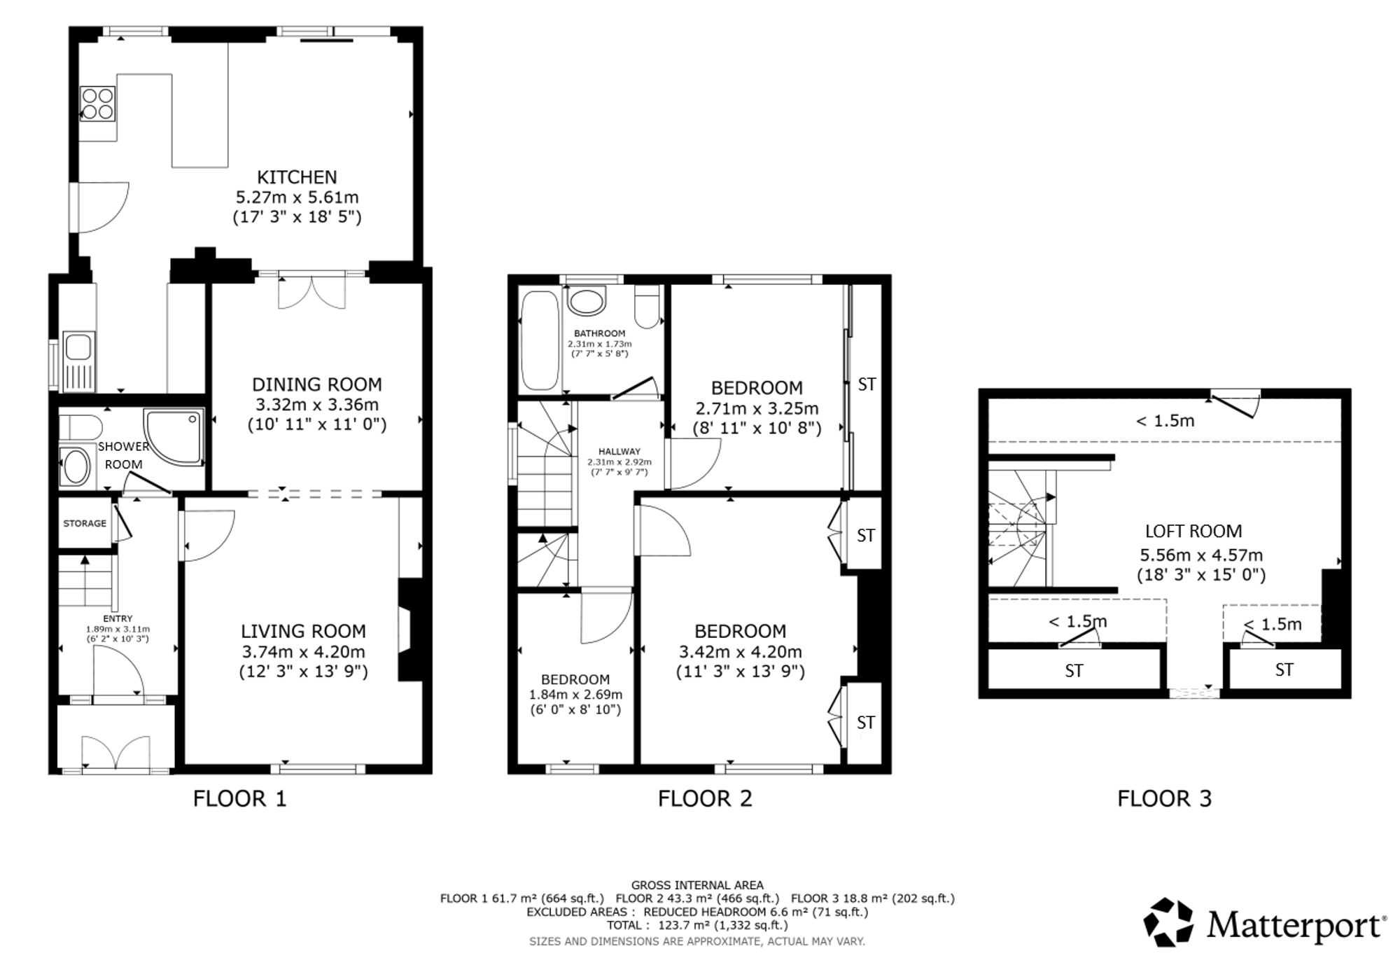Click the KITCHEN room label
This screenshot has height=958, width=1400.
coord(297,177)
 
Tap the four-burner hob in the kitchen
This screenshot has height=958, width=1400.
coord(97,103)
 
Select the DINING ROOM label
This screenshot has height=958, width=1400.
coord(316,384)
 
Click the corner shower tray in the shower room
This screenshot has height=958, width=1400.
coord(173,437)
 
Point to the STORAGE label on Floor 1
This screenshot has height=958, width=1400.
coord(85,523)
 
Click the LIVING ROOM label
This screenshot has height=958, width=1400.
coord(303,632)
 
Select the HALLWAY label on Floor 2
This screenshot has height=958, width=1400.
coord(619,452)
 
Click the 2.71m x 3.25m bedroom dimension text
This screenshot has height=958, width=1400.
coord(756,408)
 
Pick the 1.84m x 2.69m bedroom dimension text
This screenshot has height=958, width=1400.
coord(575,695)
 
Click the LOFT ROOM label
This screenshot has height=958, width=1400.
coord(1193,532)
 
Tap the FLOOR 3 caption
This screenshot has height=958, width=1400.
coord(1164,798)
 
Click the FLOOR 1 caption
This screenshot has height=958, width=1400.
coord(239,798)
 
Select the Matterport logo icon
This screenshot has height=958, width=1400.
coord(1168,922)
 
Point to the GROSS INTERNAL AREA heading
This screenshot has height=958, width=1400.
coord(697,885)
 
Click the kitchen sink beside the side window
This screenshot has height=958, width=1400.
coord(78,361)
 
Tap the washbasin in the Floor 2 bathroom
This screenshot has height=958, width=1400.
coord(587,302)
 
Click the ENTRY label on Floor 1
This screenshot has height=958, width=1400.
coord(118,618)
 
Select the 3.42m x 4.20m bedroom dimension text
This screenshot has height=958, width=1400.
coord(740,652)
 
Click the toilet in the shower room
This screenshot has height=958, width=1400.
coord(79,426)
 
